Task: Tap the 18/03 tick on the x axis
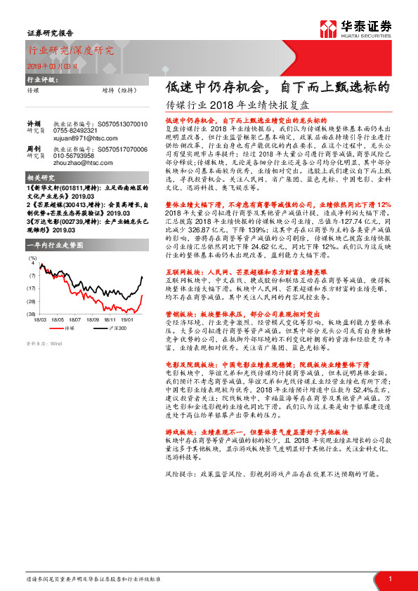(x=40, y=319)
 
